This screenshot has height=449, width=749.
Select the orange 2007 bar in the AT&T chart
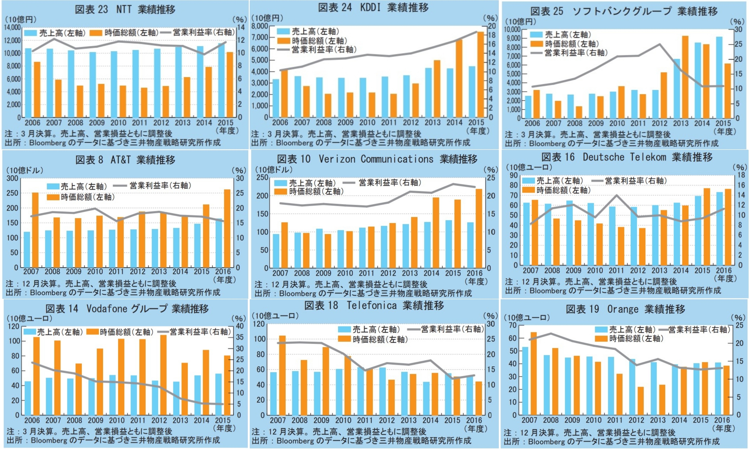coord(35,230)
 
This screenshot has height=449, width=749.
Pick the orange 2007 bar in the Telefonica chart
coord(282,375)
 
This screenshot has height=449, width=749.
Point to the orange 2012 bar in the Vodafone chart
coord(163,375)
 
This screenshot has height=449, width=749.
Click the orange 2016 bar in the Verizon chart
coord(479,228)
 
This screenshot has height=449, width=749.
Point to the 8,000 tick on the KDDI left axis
coord(260,26)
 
